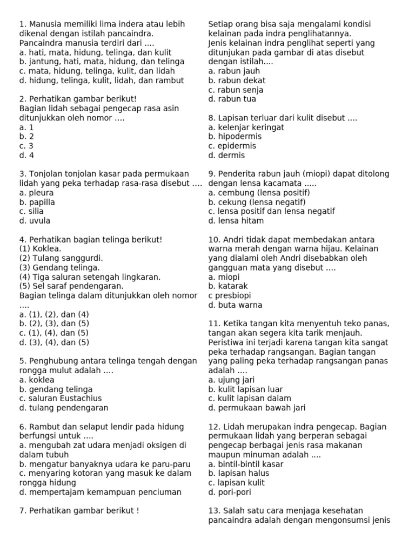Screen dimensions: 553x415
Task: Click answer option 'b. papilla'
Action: [x=37, y=202]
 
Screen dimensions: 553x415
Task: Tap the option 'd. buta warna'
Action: [x=235, y=305]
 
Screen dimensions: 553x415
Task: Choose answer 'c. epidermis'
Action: [x=232, y=146]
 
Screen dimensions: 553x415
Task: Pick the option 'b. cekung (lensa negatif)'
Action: [x=257, y=202]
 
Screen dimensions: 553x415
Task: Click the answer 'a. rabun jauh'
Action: [x=234, y=71]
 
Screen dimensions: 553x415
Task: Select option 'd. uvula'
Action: [x=35, y=221]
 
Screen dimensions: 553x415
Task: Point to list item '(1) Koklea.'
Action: [x=40, y=249]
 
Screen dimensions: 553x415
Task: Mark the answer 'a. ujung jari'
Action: [x=231, y=380]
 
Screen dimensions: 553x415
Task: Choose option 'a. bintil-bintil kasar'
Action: [x=246, y=464]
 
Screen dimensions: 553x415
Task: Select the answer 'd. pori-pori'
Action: [x=230, y=492]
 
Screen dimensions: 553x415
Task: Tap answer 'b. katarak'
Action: [x=228, y=286]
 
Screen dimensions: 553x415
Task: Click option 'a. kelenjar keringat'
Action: [x=246, y=127]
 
